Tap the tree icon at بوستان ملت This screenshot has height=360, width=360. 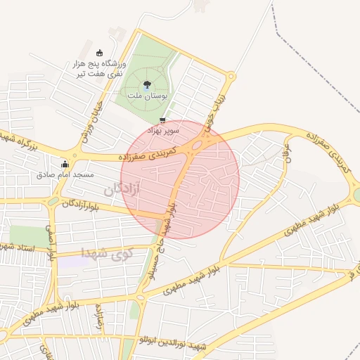click(x=146, y=84)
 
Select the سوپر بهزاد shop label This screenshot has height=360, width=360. click(x=163, y=130)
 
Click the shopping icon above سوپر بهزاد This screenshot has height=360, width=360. click(x=164, y=120)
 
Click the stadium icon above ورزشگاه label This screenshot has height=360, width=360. click(x=99, y=53)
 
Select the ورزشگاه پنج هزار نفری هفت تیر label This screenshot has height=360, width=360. click(x=98, y=68)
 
